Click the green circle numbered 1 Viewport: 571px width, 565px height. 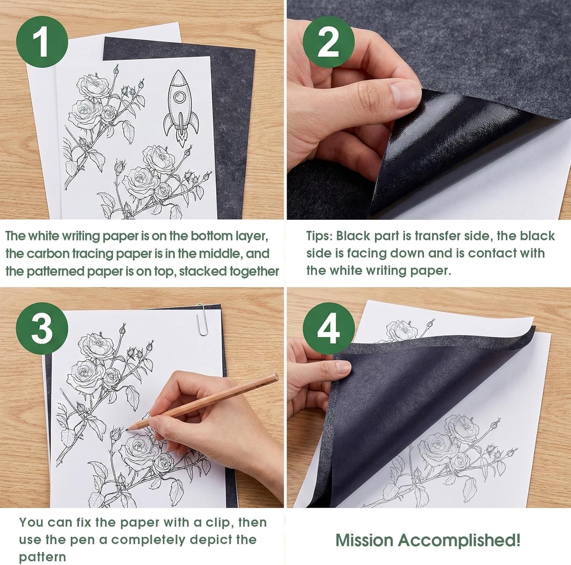(42, 42)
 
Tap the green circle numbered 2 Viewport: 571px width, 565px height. (328, 42)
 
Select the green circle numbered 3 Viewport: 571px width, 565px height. (42, 329)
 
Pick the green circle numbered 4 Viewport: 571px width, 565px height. (328, 329)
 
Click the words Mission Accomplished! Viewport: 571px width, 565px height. (427, 540)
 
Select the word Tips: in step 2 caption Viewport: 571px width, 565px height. (319, 236)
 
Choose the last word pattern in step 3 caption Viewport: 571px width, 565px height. (42, 557)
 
